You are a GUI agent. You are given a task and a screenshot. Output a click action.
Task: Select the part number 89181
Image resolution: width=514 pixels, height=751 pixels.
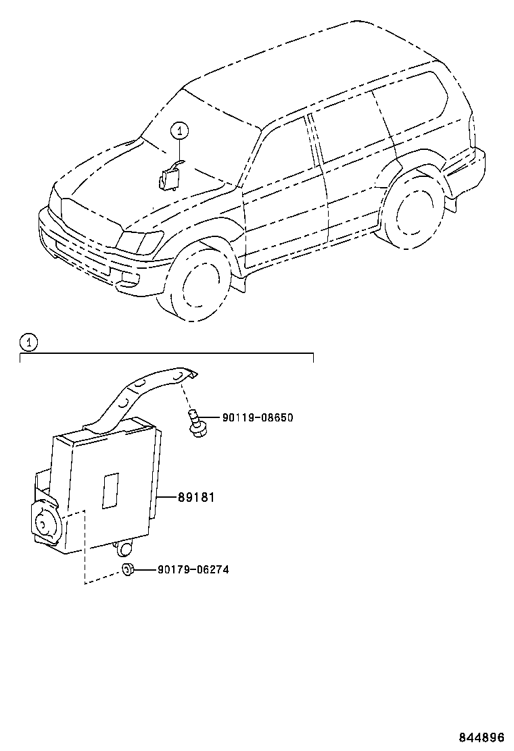click(x=196, y=498)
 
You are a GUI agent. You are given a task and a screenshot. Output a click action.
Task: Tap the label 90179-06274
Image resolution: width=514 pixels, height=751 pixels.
click(x=193, y=569)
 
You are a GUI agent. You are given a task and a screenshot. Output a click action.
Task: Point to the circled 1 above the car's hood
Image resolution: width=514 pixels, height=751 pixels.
click(x=179, y=130)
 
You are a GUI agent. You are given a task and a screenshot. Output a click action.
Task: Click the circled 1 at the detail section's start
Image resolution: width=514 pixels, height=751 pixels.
click(x=28, y=342)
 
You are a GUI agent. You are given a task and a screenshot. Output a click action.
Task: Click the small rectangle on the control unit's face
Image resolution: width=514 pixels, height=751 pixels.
click(x=110, y=490)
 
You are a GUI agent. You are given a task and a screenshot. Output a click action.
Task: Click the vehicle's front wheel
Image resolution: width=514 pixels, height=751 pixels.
click(x=200, y=284)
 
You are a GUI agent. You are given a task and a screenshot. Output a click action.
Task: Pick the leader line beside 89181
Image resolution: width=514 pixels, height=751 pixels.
click(x=166, y=498)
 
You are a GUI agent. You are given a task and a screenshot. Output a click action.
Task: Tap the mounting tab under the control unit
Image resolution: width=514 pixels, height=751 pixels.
click(x=124, y=546)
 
